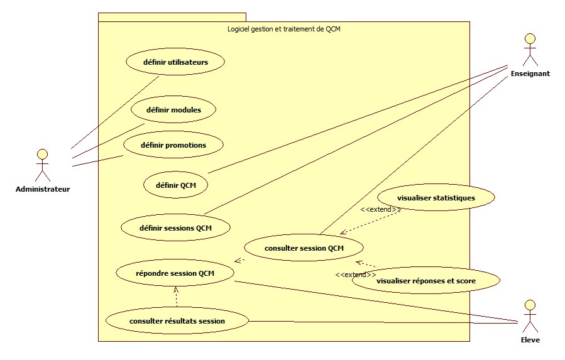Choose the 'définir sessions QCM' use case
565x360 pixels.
pos(175,227)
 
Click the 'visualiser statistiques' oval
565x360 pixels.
pos(436,198)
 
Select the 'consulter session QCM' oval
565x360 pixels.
pos(304,248)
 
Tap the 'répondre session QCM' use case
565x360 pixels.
pos(175,273)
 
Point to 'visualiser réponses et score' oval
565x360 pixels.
pos(426,281)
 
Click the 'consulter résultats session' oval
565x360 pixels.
pos(177,321)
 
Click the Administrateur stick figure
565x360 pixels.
pos(42,165)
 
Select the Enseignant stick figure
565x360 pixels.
pos(530,50)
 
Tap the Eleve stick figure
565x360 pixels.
pos(530,316)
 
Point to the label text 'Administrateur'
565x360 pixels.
pos(43,188)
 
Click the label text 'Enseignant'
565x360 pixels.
pos(531,74)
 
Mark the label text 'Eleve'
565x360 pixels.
pos(530,340)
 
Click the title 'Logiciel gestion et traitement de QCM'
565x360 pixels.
pos(283,28)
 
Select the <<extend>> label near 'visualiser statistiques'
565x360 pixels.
pos(376,209)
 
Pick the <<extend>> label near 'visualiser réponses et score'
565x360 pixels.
pos(356,275)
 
